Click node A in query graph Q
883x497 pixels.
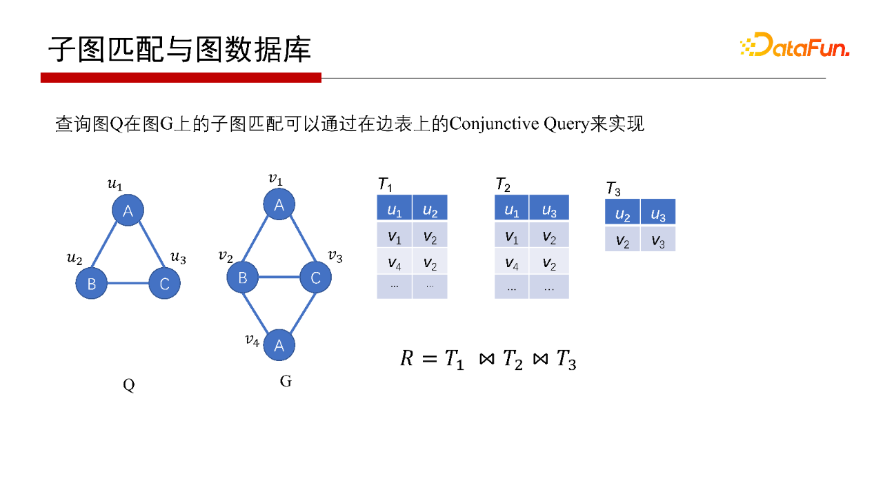(128, 211)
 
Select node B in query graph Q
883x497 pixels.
(92, 283)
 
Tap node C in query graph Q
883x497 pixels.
(164, 283)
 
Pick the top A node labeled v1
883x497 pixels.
(279, 205)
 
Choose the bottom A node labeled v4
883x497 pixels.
(279, 345)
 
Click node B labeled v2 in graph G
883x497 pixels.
(243, 277)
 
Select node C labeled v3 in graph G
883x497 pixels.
(315, 277)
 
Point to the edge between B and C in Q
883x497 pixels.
(128, 283)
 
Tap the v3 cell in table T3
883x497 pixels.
(658, 241)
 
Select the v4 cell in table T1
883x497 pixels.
(394, 262)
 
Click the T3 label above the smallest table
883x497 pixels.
(613, 188)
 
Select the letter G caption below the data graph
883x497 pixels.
(286, 381)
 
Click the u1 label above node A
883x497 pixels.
(115, 184)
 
